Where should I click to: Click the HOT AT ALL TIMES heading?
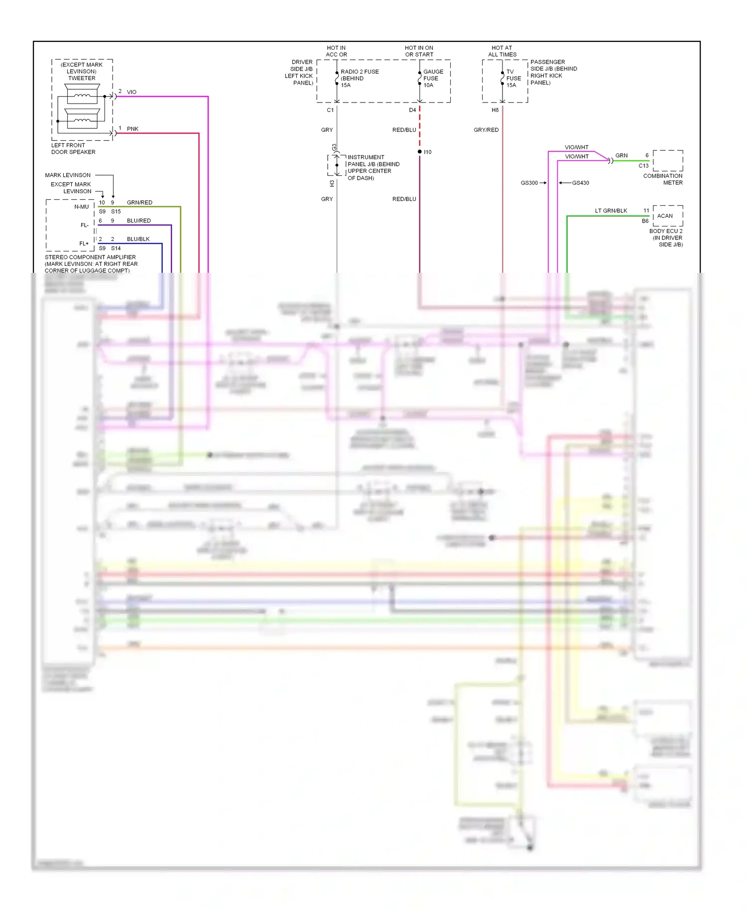[x=502, y=51]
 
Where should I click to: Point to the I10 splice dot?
[x=420, y=151]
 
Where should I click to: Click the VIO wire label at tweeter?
[x=131, y=92]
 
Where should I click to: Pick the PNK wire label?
[x=132, y=129]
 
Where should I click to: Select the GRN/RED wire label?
[x=139, y=203]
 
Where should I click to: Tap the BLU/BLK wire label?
[x=138, y=239]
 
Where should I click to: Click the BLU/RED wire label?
[x=138, y=221]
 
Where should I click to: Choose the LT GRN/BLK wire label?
[x=611, y=211]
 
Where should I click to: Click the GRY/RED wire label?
[x=486, y=130]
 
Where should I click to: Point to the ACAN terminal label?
[x=665, y=216]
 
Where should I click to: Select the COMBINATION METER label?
[x=663, y=179]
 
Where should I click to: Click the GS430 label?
[x=580, y=183]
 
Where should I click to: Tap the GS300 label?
[x=529, y=183]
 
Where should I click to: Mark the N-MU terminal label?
[x=82, y=207]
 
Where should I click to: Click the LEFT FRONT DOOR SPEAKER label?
[x=73, y=149]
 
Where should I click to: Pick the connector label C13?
[x=643, y=166]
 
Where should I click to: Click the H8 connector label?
[x=495, y=110]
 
